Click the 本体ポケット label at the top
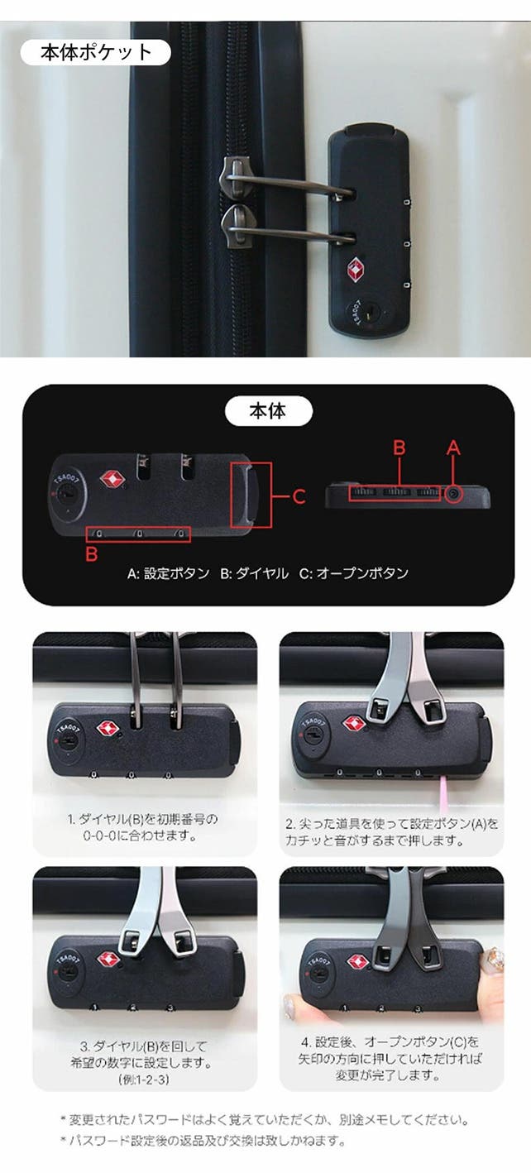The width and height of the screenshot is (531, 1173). (96, 52)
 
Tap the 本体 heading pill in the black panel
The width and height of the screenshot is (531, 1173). (268, 411)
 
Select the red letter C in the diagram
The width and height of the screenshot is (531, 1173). (299, 496)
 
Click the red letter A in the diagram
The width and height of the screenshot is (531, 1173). (453, 448)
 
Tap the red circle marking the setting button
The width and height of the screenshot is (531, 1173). (454, 494)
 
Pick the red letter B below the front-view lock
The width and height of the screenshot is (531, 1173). (92, 553)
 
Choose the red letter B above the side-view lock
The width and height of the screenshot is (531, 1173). (399, 448)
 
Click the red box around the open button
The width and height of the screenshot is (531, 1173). (251, 495)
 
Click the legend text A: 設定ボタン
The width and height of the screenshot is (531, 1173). (168, 573)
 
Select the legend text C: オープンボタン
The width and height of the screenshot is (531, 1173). (354, 573)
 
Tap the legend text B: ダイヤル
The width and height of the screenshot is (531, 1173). (254, 573)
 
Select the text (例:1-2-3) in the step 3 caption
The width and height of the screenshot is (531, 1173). (144, 1080)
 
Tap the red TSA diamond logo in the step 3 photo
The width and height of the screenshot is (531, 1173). (109, 960)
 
